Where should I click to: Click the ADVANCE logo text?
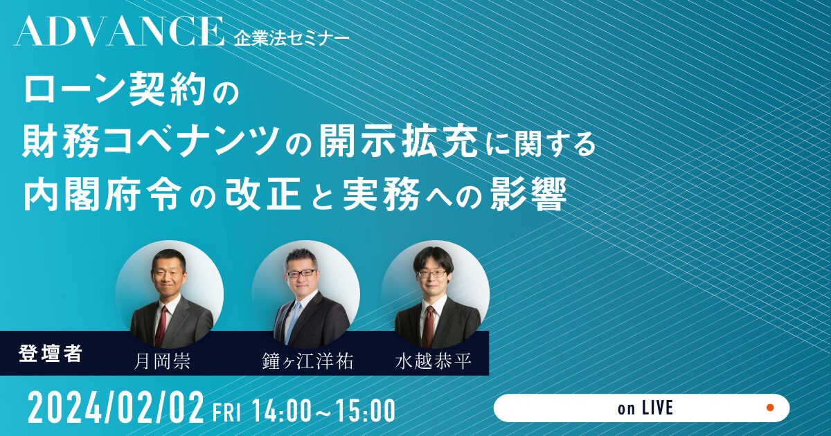click(118, 32)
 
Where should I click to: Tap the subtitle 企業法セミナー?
click(292, 39)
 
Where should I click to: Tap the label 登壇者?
click(51, 354)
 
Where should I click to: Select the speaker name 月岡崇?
click(162, 361)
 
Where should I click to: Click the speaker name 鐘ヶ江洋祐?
click(307, 361)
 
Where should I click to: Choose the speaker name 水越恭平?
click(434, 361)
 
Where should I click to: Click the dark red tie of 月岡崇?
click(162, 326)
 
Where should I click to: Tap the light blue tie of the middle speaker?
click(293, 323)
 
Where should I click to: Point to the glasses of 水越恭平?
click(432, 274)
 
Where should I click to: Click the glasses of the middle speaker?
click(301, 274)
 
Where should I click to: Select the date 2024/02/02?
click(116, 408)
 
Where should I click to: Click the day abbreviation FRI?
click(227, 412)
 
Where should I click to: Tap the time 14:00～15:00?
click(323, 410)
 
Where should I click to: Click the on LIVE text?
click(645, 408)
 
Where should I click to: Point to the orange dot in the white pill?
click(770, 408)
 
